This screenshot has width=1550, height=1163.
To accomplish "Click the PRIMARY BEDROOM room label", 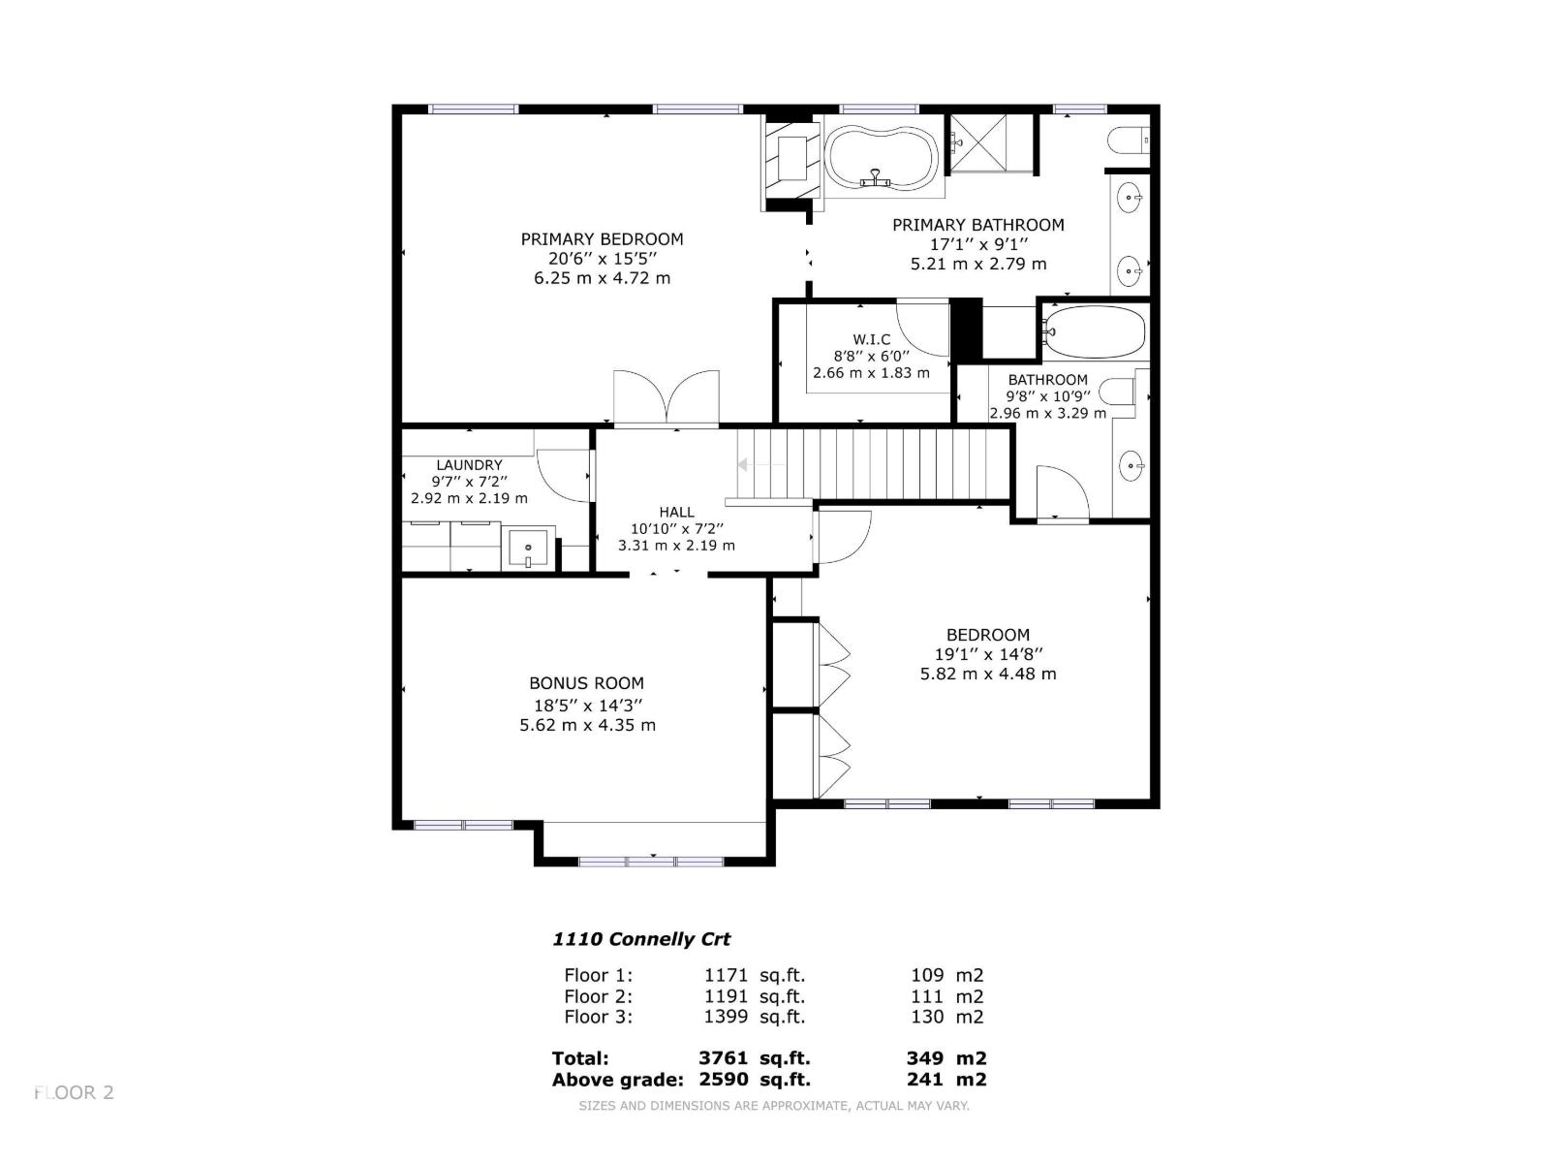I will (x=602, y=239).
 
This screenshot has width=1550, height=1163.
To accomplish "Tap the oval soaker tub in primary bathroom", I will (x=880, y=157).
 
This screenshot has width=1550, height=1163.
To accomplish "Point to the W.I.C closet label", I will (x=871, y=339).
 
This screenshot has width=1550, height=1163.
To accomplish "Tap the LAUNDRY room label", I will (x=469, y=465).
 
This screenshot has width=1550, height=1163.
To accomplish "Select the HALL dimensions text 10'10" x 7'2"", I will (x=676, y=529).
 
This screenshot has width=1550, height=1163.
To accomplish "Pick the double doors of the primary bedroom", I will (x=666, y=397).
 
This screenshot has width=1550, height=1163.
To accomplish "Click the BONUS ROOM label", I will (x=586, y=683).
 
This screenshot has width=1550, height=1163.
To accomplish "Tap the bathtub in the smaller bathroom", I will (x=1096, y=332).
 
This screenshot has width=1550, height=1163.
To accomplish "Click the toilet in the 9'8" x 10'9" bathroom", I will (x=1121, y=393).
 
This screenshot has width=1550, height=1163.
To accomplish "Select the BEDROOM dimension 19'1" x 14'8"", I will (x=988, y=655).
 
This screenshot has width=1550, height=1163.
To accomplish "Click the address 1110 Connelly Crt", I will (x=641, y=939).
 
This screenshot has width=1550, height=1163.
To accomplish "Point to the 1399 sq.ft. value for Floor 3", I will (x=754, y=1017).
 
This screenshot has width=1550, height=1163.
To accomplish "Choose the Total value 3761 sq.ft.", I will (x=754, y=1058).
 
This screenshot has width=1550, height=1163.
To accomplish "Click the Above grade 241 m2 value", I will (x=945, y=1080).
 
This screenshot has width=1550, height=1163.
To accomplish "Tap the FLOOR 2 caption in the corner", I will (x=75, y=1092).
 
